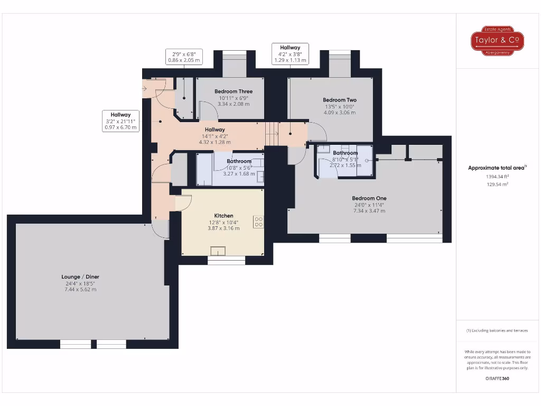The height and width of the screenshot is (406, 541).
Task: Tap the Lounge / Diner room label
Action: pyautogui.click(x=80, y=276)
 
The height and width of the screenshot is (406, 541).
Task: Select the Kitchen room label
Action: pyautogui.click(x=223, y=216)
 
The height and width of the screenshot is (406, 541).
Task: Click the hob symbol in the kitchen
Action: pyautogui.click(x=258, y=222)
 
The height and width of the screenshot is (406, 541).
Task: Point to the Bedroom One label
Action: pyautogui.click(x=369, y=198)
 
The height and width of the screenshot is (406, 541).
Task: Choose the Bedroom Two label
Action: pyautogui.click(x=340, y=100)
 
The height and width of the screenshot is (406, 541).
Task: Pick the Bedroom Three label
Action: pyautogui.click(x=233, y=91)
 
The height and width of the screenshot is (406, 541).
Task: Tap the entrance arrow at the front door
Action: pyautogui.click(x=146, y=88)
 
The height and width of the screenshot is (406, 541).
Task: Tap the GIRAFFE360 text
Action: pyautogui.click(x=497, y=379)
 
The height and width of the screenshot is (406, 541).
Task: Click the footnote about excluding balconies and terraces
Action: pyautogui.click(x=497, y=330)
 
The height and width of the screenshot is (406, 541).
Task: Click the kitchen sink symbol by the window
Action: pyautogui.click(x=218, y=251)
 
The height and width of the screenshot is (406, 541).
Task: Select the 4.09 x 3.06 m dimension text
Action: pyautogui.click(x=340, y=113)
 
